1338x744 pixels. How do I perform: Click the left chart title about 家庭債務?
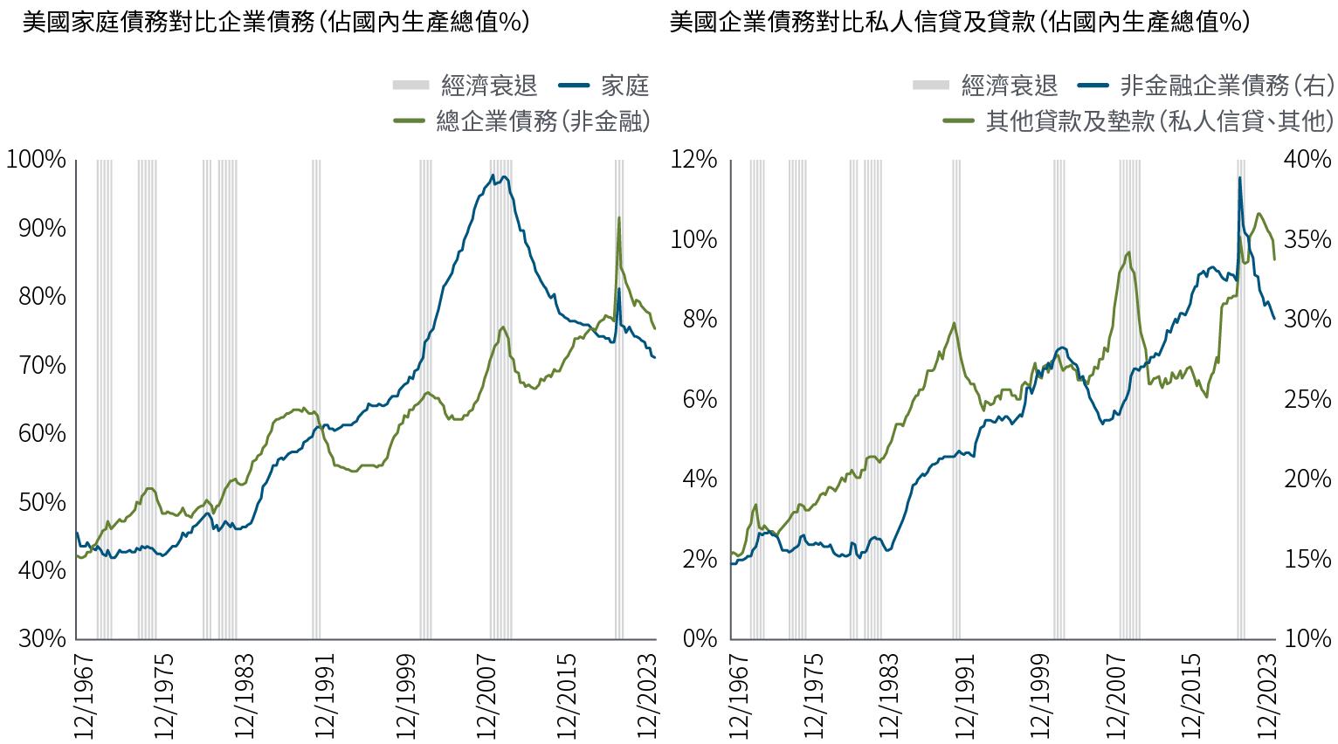point(275,22)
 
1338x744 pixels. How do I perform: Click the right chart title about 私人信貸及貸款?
point(959,22)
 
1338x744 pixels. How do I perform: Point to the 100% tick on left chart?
point(36,159)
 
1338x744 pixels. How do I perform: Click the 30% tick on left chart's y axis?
point(42,638)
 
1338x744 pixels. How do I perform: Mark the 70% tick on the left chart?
point(42,364)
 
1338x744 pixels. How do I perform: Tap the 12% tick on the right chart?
point(693,159)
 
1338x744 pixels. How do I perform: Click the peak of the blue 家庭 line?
point(493,176)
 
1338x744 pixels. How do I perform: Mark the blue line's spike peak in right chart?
point(1239,177)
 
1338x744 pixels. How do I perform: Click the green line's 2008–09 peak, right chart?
point(1128,252)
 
